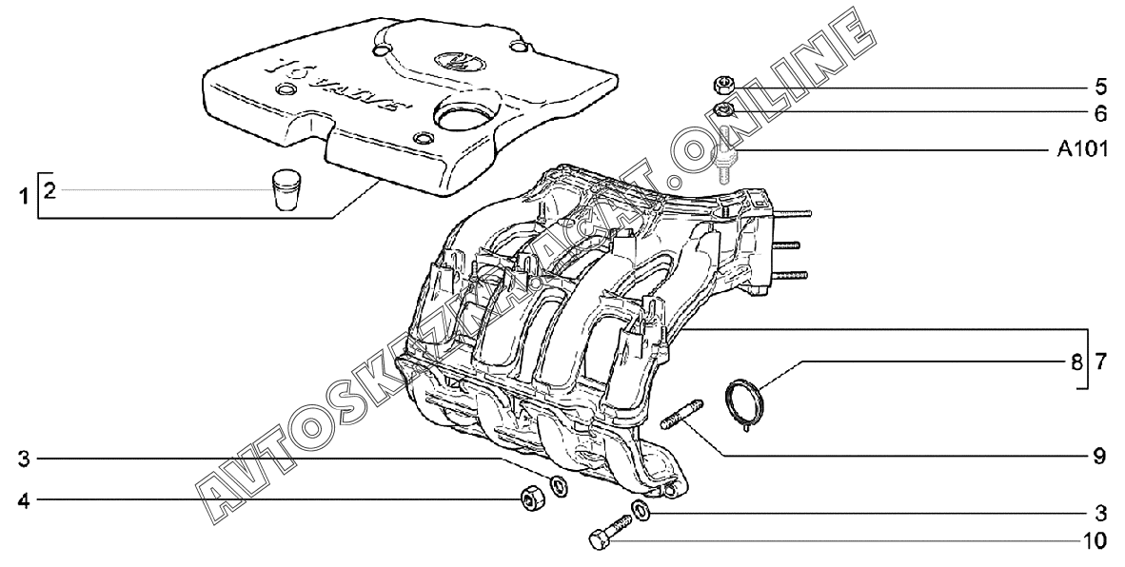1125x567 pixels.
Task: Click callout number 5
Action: pos(1100,88)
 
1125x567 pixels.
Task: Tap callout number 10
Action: pos(1095,541)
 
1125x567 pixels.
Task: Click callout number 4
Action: pos(26,499)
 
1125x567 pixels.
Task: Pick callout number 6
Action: pos(1100,114)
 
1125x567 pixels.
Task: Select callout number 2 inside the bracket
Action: pos(49,192)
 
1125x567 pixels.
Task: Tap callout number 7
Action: pos(1100,362)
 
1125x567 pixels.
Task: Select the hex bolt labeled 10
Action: pos(609,533)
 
